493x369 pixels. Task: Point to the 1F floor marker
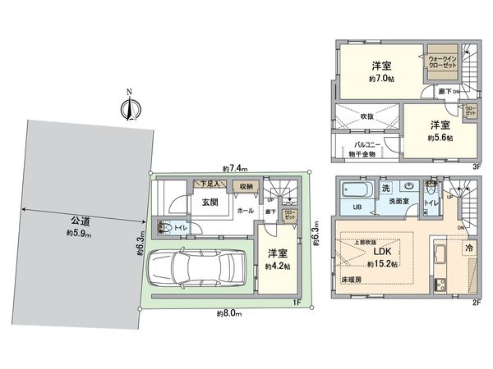(x=295, y=305)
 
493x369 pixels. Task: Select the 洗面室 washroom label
(x=402, y=200)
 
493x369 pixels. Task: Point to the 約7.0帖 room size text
(x=382, y=79)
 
